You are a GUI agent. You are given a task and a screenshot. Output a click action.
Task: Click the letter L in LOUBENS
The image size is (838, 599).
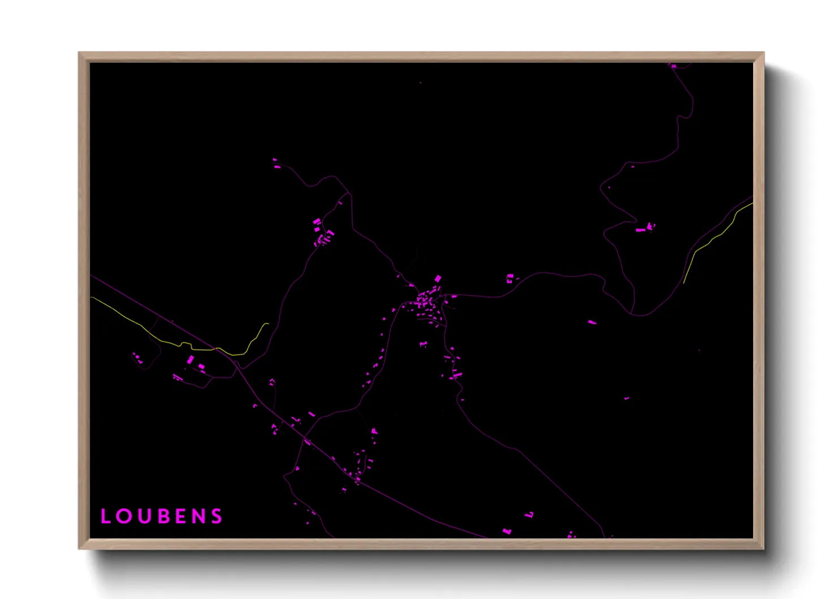click(105, 516)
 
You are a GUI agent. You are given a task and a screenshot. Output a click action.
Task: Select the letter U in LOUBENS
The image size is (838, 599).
click(143, 516)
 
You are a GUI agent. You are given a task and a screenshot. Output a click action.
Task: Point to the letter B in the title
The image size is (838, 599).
click(161, 516)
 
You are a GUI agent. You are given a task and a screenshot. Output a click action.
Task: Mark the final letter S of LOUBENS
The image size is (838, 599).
click(217, 516)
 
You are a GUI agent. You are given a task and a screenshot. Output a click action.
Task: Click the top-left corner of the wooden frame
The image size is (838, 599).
click(79, 53)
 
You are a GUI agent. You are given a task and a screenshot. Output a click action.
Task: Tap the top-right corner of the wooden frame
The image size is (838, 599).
click(763, 53)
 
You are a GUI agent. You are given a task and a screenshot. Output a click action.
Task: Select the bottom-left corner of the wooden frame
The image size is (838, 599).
click(79, 548)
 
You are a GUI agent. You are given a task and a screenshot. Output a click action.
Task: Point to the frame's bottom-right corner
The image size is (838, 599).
click(763, 548)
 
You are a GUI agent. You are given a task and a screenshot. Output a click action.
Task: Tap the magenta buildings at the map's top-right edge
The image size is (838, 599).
click(672, 66)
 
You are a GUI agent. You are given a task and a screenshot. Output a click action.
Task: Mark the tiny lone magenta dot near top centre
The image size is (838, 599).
click(420, 83)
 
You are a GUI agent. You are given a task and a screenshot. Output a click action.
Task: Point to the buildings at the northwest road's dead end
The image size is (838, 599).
click(276, 165)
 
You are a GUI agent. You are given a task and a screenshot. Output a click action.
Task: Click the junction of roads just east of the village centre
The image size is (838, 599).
click(446, 296)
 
